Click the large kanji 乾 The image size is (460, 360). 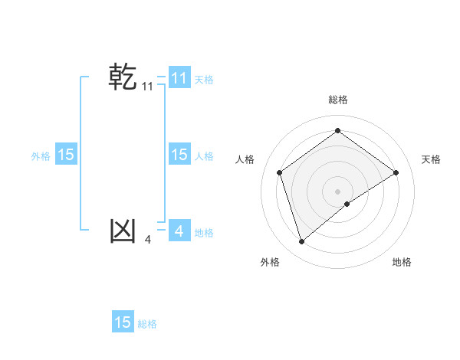[123, 77]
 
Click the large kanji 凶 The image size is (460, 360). [123, 231]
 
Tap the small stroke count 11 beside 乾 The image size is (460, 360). [147, 87]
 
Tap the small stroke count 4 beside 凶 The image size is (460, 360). [147, 240]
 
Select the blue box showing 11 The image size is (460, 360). [179, 77]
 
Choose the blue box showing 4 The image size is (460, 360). [179, 231]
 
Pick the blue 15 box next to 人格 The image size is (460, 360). [179, 155]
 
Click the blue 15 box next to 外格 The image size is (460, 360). [65, 155]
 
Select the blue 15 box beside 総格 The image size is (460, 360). [123, 322]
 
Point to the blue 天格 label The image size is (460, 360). [204, 79]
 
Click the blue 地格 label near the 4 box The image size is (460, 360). [204, 233]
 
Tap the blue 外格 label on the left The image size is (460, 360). [41, 156]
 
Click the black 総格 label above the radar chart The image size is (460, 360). [337, 100]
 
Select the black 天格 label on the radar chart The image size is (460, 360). [431, 159]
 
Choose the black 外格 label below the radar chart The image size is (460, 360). [270, 262]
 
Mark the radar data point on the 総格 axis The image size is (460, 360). [337, 131]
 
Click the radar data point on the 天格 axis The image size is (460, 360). [396, 172]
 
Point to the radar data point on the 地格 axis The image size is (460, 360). [347, 203]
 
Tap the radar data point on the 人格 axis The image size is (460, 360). [280, 172]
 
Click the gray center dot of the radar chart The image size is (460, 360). [337, 191]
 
